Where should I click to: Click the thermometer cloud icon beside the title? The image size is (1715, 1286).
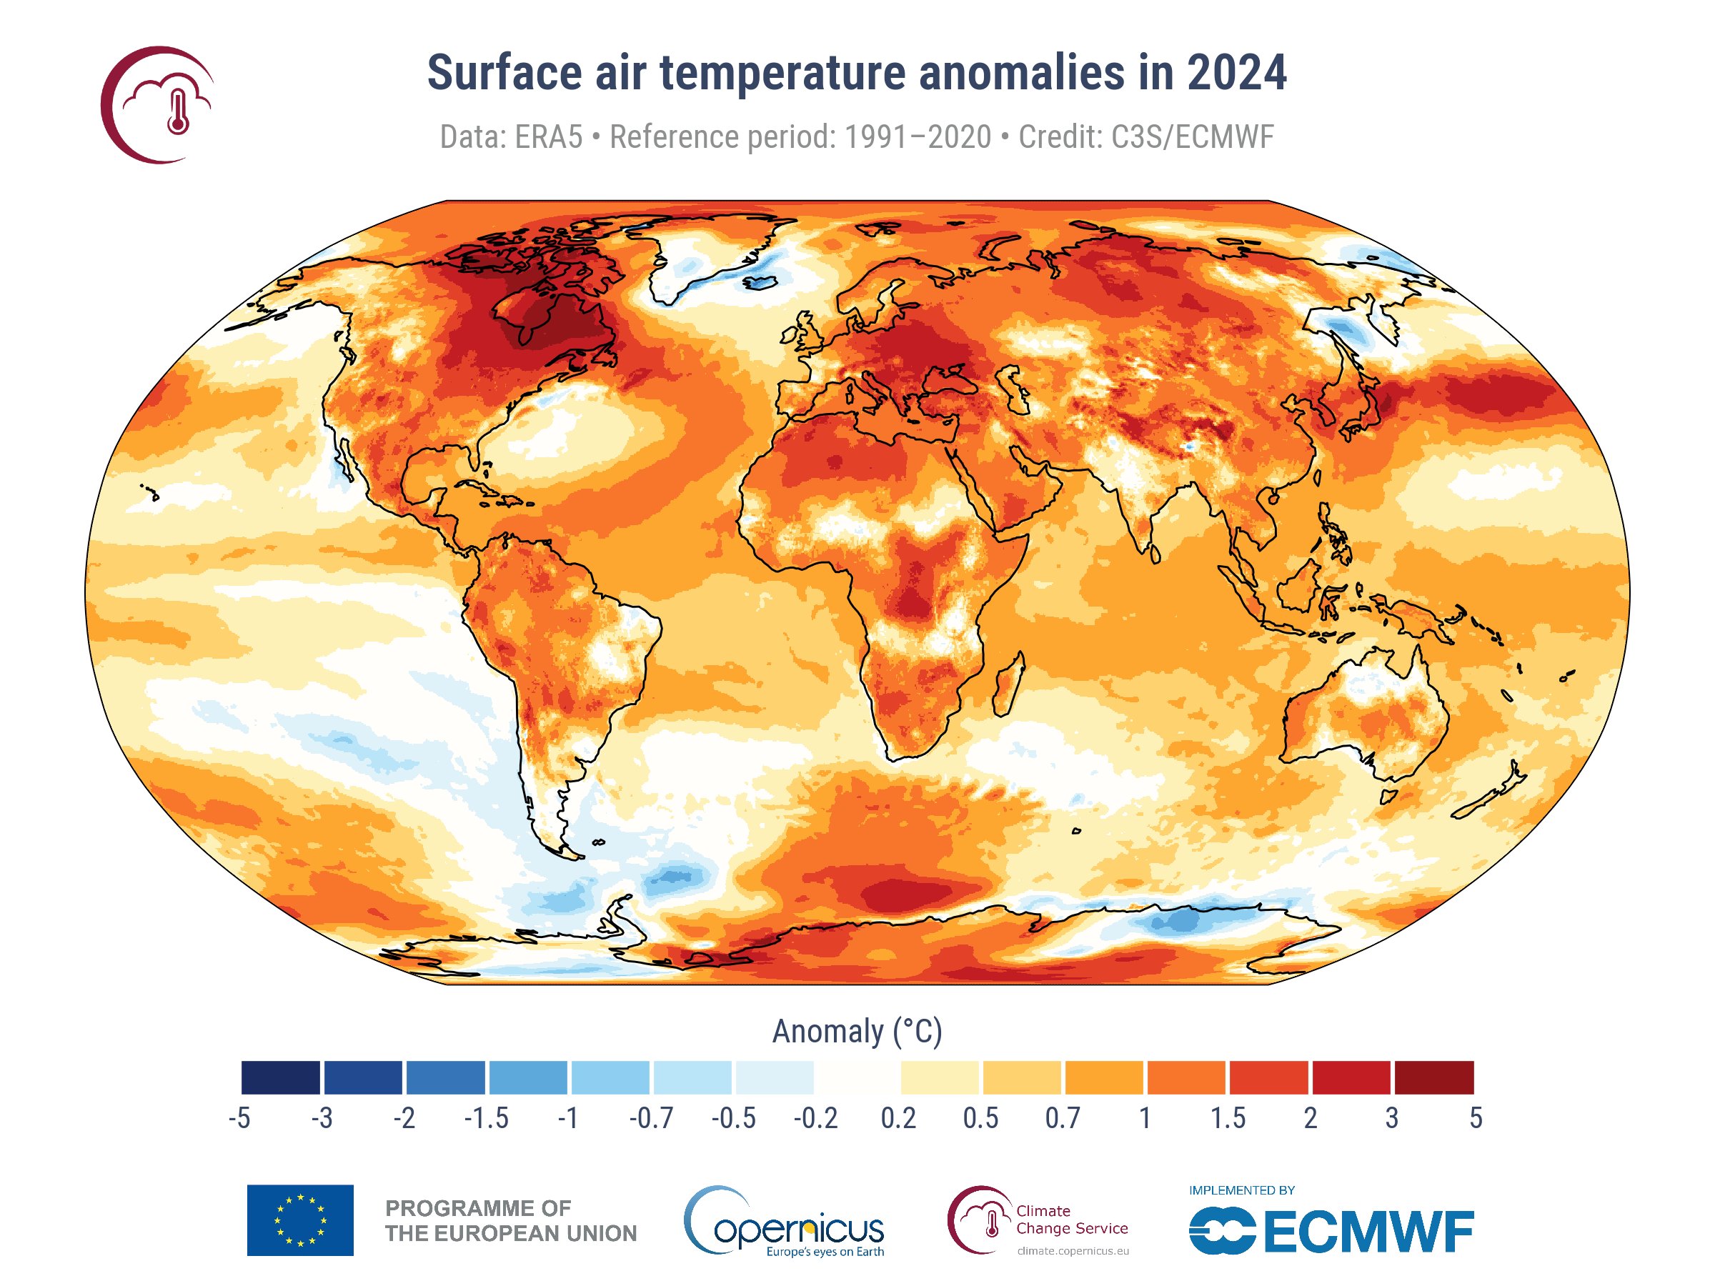pyautogui.click(x=159, y=104)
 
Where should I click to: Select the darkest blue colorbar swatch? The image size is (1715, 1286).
pyautogui.click(x=281, y=1077)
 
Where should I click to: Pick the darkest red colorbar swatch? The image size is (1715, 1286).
pyautogui.click(x=1433, y=1077)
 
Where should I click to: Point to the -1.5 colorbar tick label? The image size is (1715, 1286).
pyautogui.click(x=486, y=1119)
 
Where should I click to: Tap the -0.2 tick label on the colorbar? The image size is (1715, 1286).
pyautogui.click(x=815, y=1119)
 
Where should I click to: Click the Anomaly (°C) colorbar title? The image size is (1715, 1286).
pyautogui.click(x=857, y=1032)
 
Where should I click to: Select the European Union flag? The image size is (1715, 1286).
pyautogui.click(x=300, y=1220)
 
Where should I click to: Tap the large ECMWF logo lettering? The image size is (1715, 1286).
pyautogui.click(x=1368, y=1232)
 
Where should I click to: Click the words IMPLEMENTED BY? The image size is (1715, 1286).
pyautogui.click(x=1242, y=1190)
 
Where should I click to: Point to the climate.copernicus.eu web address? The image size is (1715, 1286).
pyautogui.click(x=1073, y=1250)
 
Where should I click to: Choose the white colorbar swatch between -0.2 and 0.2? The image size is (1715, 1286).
pyautogui.click(x=857, y=1077)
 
